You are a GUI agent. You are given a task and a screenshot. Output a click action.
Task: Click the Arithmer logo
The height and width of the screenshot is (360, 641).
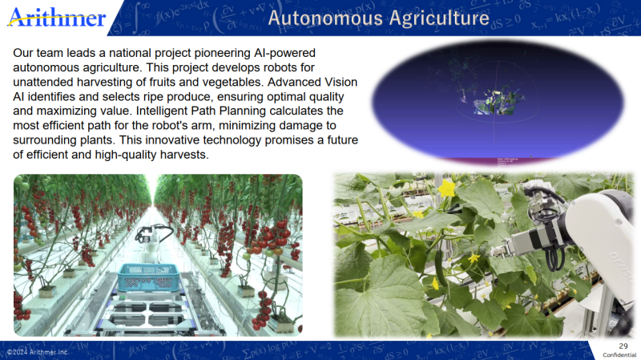(x=56, y=18)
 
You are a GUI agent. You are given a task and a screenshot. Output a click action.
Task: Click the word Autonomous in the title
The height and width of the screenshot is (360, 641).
(x=325, y=18)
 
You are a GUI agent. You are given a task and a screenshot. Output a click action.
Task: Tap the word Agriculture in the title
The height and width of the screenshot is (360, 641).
(x=439, y=18)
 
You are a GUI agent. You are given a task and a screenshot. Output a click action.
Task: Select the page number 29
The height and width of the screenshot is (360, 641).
(x=623, y=346)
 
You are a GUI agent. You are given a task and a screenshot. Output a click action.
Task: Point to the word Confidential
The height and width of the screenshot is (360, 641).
(x=619, y=354)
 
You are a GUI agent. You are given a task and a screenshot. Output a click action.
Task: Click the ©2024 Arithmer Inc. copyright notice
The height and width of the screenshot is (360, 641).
(x=38, y=352)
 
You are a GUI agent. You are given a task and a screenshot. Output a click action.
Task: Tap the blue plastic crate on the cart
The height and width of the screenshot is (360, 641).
(x=148, y=277)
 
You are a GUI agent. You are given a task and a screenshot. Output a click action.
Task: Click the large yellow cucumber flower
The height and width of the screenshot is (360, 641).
(x=446, y=188)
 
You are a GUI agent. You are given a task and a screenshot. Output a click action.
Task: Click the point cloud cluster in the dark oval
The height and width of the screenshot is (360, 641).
(x=497, y=101)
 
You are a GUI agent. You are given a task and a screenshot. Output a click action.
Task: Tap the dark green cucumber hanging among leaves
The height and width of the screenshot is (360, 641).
(x=439, y=267)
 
